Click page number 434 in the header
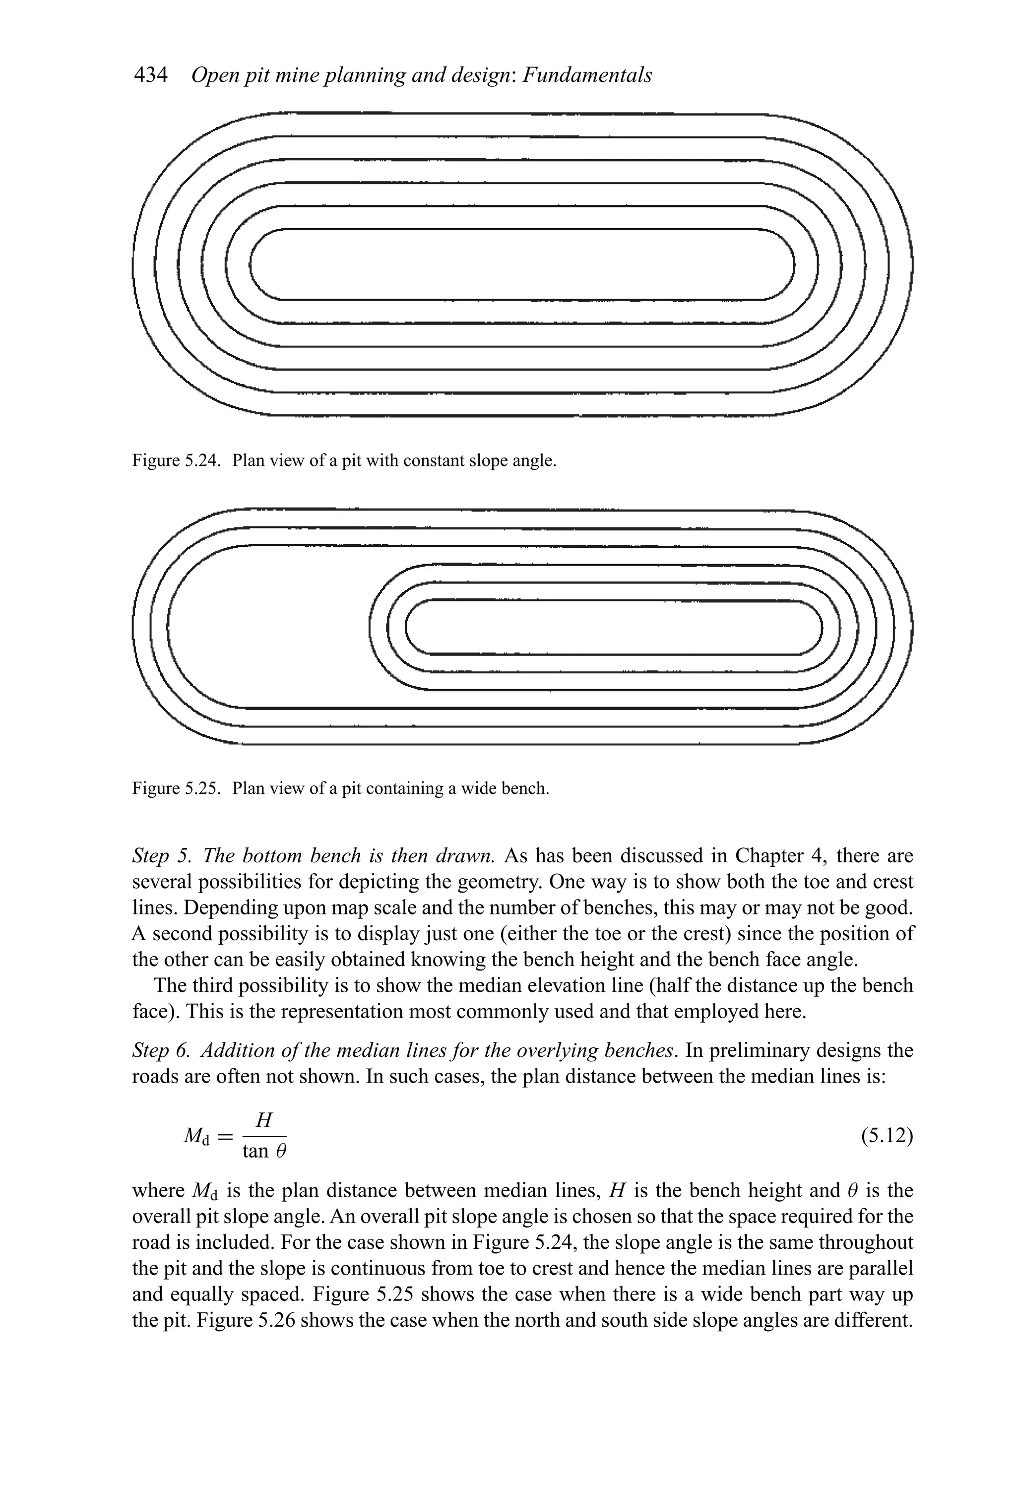tap(150, 75)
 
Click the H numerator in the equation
tap(264, 1119)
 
